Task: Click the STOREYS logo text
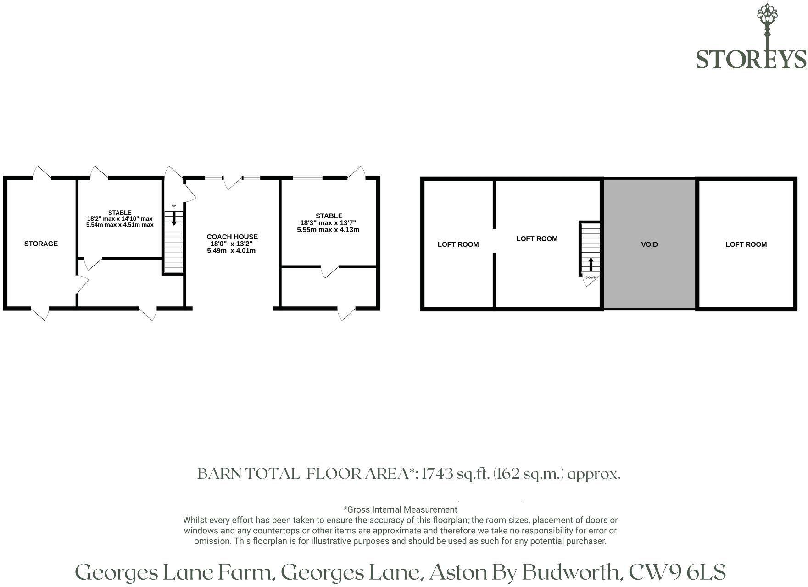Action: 751,59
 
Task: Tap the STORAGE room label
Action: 41,244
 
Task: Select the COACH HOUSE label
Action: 232,237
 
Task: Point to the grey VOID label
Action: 649,244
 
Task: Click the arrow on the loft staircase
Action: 591,265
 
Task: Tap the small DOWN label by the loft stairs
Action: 591,277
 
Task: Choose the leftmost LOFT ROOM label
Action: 458,244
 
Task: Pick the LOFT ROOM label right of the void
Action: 746,244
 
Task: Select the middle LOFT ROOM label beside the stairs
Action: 537,238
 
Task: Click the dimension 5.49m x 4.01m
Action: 231,251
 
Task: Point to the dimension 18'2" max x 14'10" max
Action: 120,219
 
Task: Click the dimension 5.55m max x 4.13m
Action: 328,229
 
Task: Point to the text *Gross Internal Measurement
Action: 400,509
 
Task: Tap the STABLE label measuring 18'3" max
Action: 329,216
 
